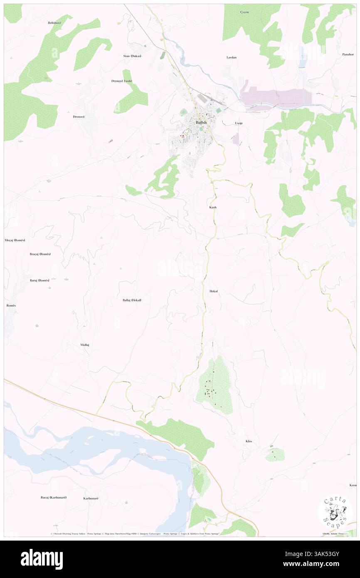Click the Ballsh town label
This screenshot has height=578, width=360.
pyautogui.click(x=201, y=123)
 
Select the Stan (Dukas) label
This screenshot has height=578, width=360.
pyautogui.click(x=132, y=56)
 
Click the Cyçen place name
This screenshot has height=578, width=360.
pyautogui.click(x=244, y=12)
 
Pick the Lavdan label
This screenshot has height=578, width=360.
pyautogui.click(x=232, y=57)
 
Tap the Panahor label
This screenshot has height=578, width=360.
pyautogui.click(x=348, y=54)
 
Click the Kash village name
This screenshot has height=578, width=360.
pyautogui.click(x=213, y=207)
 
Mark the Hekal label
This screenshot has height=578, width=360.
pyautogui.click(x=214, y=291)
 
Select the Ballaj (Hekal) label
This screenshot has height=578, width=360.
pyautogui.click(x=132, y=300)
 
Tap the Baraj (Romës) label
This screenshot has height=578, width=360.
pyautogui.click(x=39, y=280)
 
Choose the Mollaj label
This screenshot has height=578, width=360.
pyautogui.click(x=85, y=345)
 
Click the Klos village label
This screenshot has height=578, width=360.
pyautogui.click(x=249, y=441)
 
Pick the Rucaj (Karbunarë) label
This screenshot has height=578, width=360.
pyautogui.click(x=54, y=497)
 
